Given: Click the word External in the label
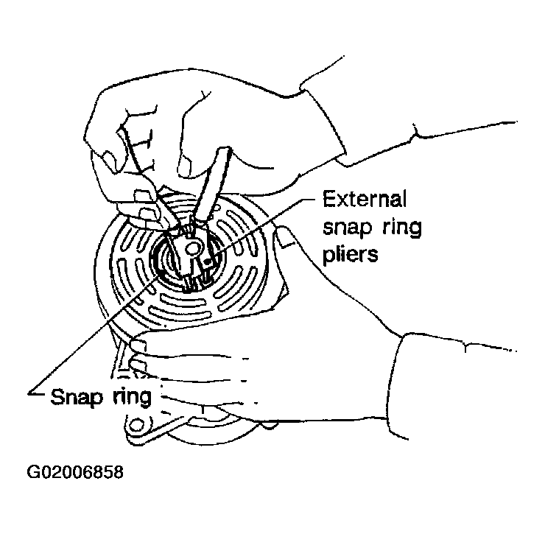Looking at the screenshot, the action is click(365, 199).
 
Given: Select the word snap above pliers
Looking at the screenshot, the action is click(347, 228).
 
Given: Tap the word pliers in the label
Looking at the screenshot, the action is click(350, 255).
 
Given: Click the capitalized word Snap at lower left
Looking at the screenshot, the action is click(75, 396).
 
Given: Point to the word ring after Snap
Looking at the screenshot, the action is click(132, 396).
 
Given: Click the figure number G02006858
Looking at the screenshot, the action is click(75, 472).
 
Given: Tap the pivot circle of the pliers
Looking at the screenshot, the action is click(192, 248).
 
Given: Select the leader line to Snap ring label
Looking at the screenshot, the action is click(96, 335).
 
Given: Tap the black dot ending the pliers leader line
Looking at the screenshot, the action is click(208, 261).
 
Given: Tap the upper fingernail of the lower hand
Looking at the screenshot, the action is click(138, 345).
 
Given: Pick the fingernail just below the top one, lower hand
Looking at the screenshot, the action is click(137, 365).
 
